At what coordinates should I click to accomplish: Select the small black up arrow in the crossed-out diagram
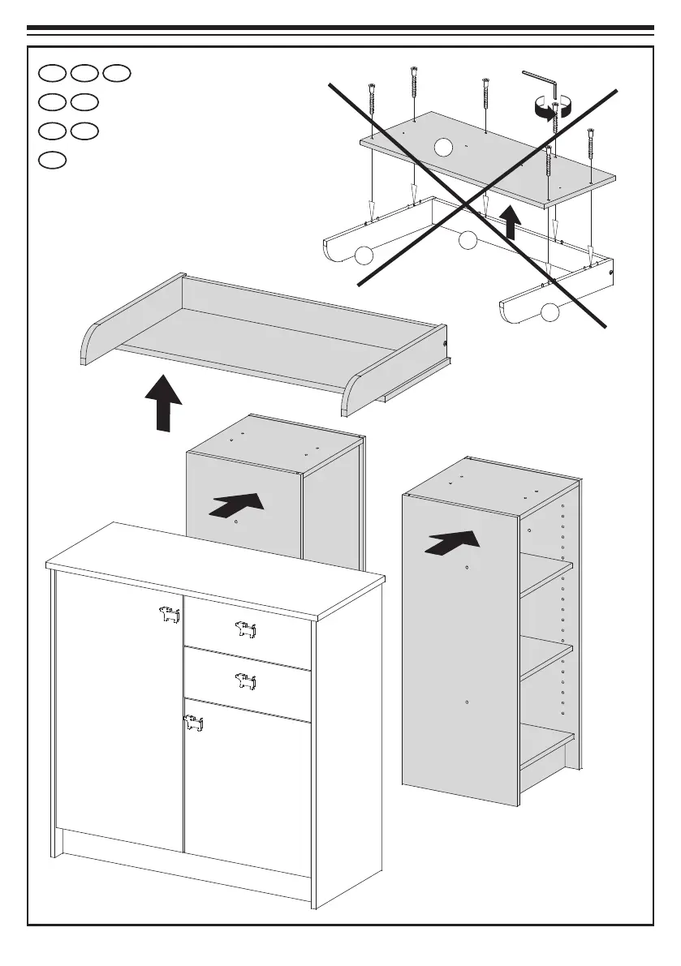click(x=510, y=223)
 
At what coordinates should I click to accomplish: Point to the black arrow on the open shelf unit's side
click(x=450, y=542)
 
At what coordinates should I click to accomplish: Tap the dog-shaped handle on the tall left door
click(x=168, y=616)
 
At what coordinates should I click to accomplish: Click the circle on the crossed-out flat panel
click(x=442, y=147)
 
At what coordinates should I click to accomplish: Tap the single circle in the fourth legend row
click(x=51, y=160)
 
